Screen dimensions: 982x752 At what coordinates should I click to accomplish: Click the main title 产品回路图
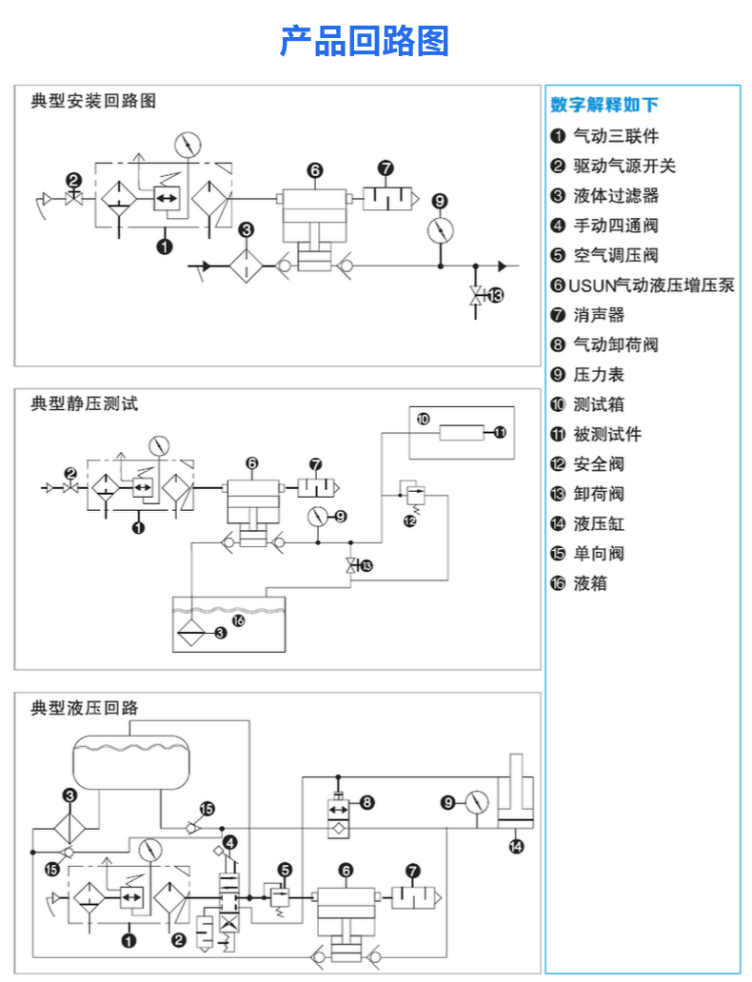pyautogui.click(x=364, y=42)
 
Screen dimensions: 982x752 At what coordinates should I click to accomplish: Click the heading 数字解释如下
pyautogui.click(x=604, y=105)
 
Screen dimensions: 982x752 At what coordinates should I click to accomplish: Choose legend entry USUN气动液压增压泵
pyautogui.click(x=651, y=285)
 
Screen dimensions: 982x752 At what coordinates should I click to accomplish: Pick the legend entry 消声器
pyautogui.click(x=599, y=315)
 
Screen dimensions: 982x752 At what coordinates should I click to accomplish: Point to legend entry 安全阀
pyautogui.click(x=599, y=463)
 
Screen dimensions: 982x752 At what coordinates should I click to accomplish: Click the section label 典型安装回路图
pyautogui.click(x=93, y=100)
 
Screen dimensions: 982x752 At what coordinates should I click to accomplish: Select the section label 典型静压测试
pyautogui.click(x=85, y=403)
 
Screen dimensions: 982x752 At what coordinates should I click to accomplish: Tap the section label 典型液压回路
pyautogui.click(x=85, y=708)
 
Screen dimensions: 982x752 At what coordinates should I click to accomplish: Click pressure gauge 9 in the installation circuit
pyautogui.click(x=439, y=231)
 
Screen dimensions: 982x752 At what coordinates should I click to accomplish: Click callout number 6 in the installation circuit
pyautogui.click(x=315, y=171)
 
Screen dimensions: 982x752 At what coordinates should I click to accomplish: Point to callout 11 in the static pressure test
pyautogui.click(x=501, y=433)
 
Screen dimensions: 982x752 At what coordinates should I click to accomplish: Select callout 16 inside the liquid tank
pyautogui.click(x=238, y=620)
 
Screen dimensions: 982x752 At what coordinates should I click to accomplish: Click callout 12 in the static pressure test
pyautogui.click(x=409, y=520)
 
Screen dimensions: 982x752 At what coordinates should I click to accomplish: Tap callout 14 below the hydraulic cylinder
pyautogui.click(x=516, y=845)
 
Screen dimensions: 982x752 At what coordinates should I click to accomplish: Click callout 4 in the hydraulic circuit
pyautogui.click(x=230, y=841)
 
